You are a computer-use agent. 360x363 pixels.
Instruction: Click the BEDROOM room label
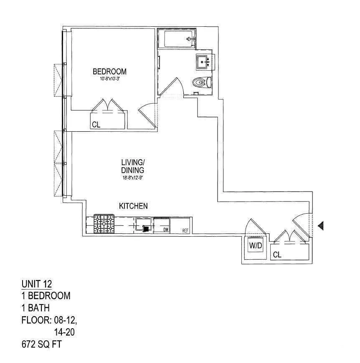(109, 72)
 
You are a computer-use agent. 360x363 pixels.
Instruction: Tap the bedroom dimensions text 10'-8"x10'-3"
(109, 79)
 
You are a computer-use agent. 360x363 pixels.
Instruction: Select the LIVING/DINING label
(133, 166)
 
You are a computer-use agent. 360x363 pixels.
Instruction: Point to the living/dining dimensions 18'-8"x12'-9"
(133, 177)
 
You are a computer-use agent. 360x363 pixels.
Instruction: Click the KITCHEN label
(133, 206)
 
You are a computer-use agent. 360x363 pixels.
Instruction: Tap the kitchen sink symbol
(143, 225)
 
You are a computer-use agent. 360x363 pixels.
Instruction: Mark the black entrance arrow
(320, 226)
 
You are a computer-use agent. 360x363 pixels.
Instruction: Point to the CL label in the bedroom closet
(96, 125)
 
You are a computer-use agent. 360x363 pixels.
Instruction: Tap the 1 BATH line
(35, 308)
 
